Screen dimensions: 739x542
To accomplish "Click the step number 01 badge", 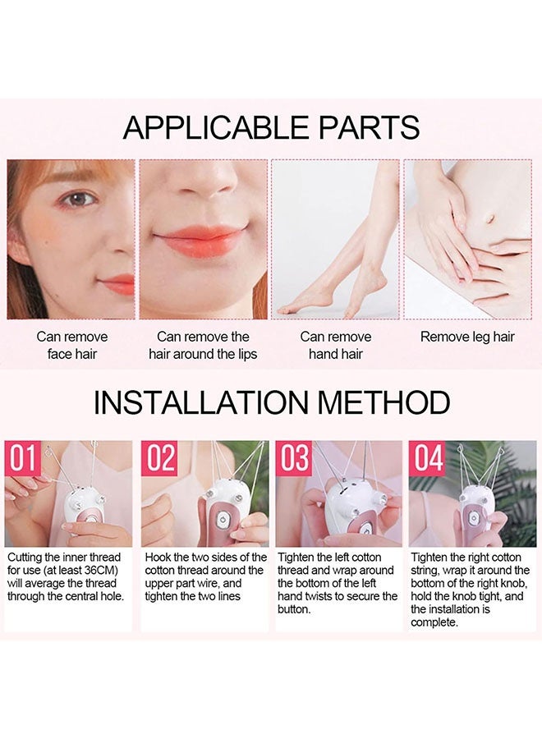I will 23,458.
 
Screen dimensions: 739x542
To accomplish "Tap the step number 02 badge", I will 159,458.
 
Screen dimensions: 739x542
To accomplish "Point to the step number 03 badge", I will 294,458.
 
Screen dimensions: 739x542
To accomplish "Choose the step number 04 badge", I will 428,458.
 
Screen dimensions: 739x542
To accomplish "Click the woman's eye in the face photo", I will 79,199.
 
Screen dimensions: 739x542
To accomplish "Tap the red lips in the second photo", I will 199,241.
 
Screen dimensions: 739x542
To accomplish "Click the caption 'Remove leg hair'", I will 467,337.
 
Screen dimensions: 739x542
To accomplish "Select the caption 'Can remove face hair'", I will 71,345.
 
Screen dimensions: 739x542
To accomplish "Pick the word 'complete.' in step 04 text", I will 434,622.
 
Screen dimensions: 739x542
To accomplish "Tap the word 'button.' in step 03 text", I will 295,609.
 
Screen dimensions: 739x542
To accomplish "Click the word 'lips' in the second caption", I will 244,354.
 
